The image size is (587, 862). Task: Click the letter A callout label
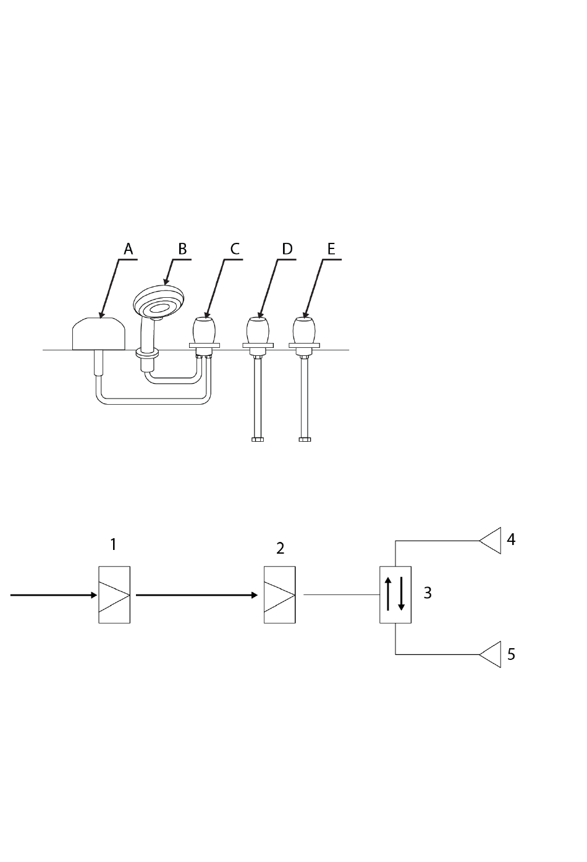point(129,249)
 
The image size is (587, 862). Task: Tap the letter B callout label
point(182,249)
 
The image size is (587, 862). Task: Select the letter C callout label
point(235,249)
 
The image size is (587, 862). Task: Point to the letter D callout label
point(287,249)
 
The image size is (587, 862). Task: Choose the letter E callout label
point(331,249)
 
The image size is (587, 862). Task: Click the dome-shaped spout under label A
point(99,334)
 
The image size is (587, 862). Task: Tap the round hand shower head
point(159,302)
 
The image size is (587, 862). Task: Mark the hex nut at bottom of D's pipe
point(258,439)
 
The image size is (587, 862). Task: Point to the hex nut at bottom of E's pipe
point(305,439)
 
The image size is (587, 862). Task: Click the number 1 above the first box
point(113,544)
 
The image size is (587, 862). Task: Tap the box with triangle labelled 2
point(280,594)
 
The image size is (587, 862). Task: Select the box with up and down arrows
point(395,594)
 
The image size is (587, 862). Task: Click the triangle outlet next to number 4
point(490,541)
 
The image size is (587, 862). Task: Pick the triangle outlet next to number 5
point(490,654)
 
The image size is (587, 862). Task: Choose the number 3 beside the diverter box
point(428,593)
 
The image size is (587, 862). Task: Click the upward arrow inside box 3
point(388,594)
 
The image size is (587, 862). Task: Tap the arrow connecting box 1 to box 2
point(196,595)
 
